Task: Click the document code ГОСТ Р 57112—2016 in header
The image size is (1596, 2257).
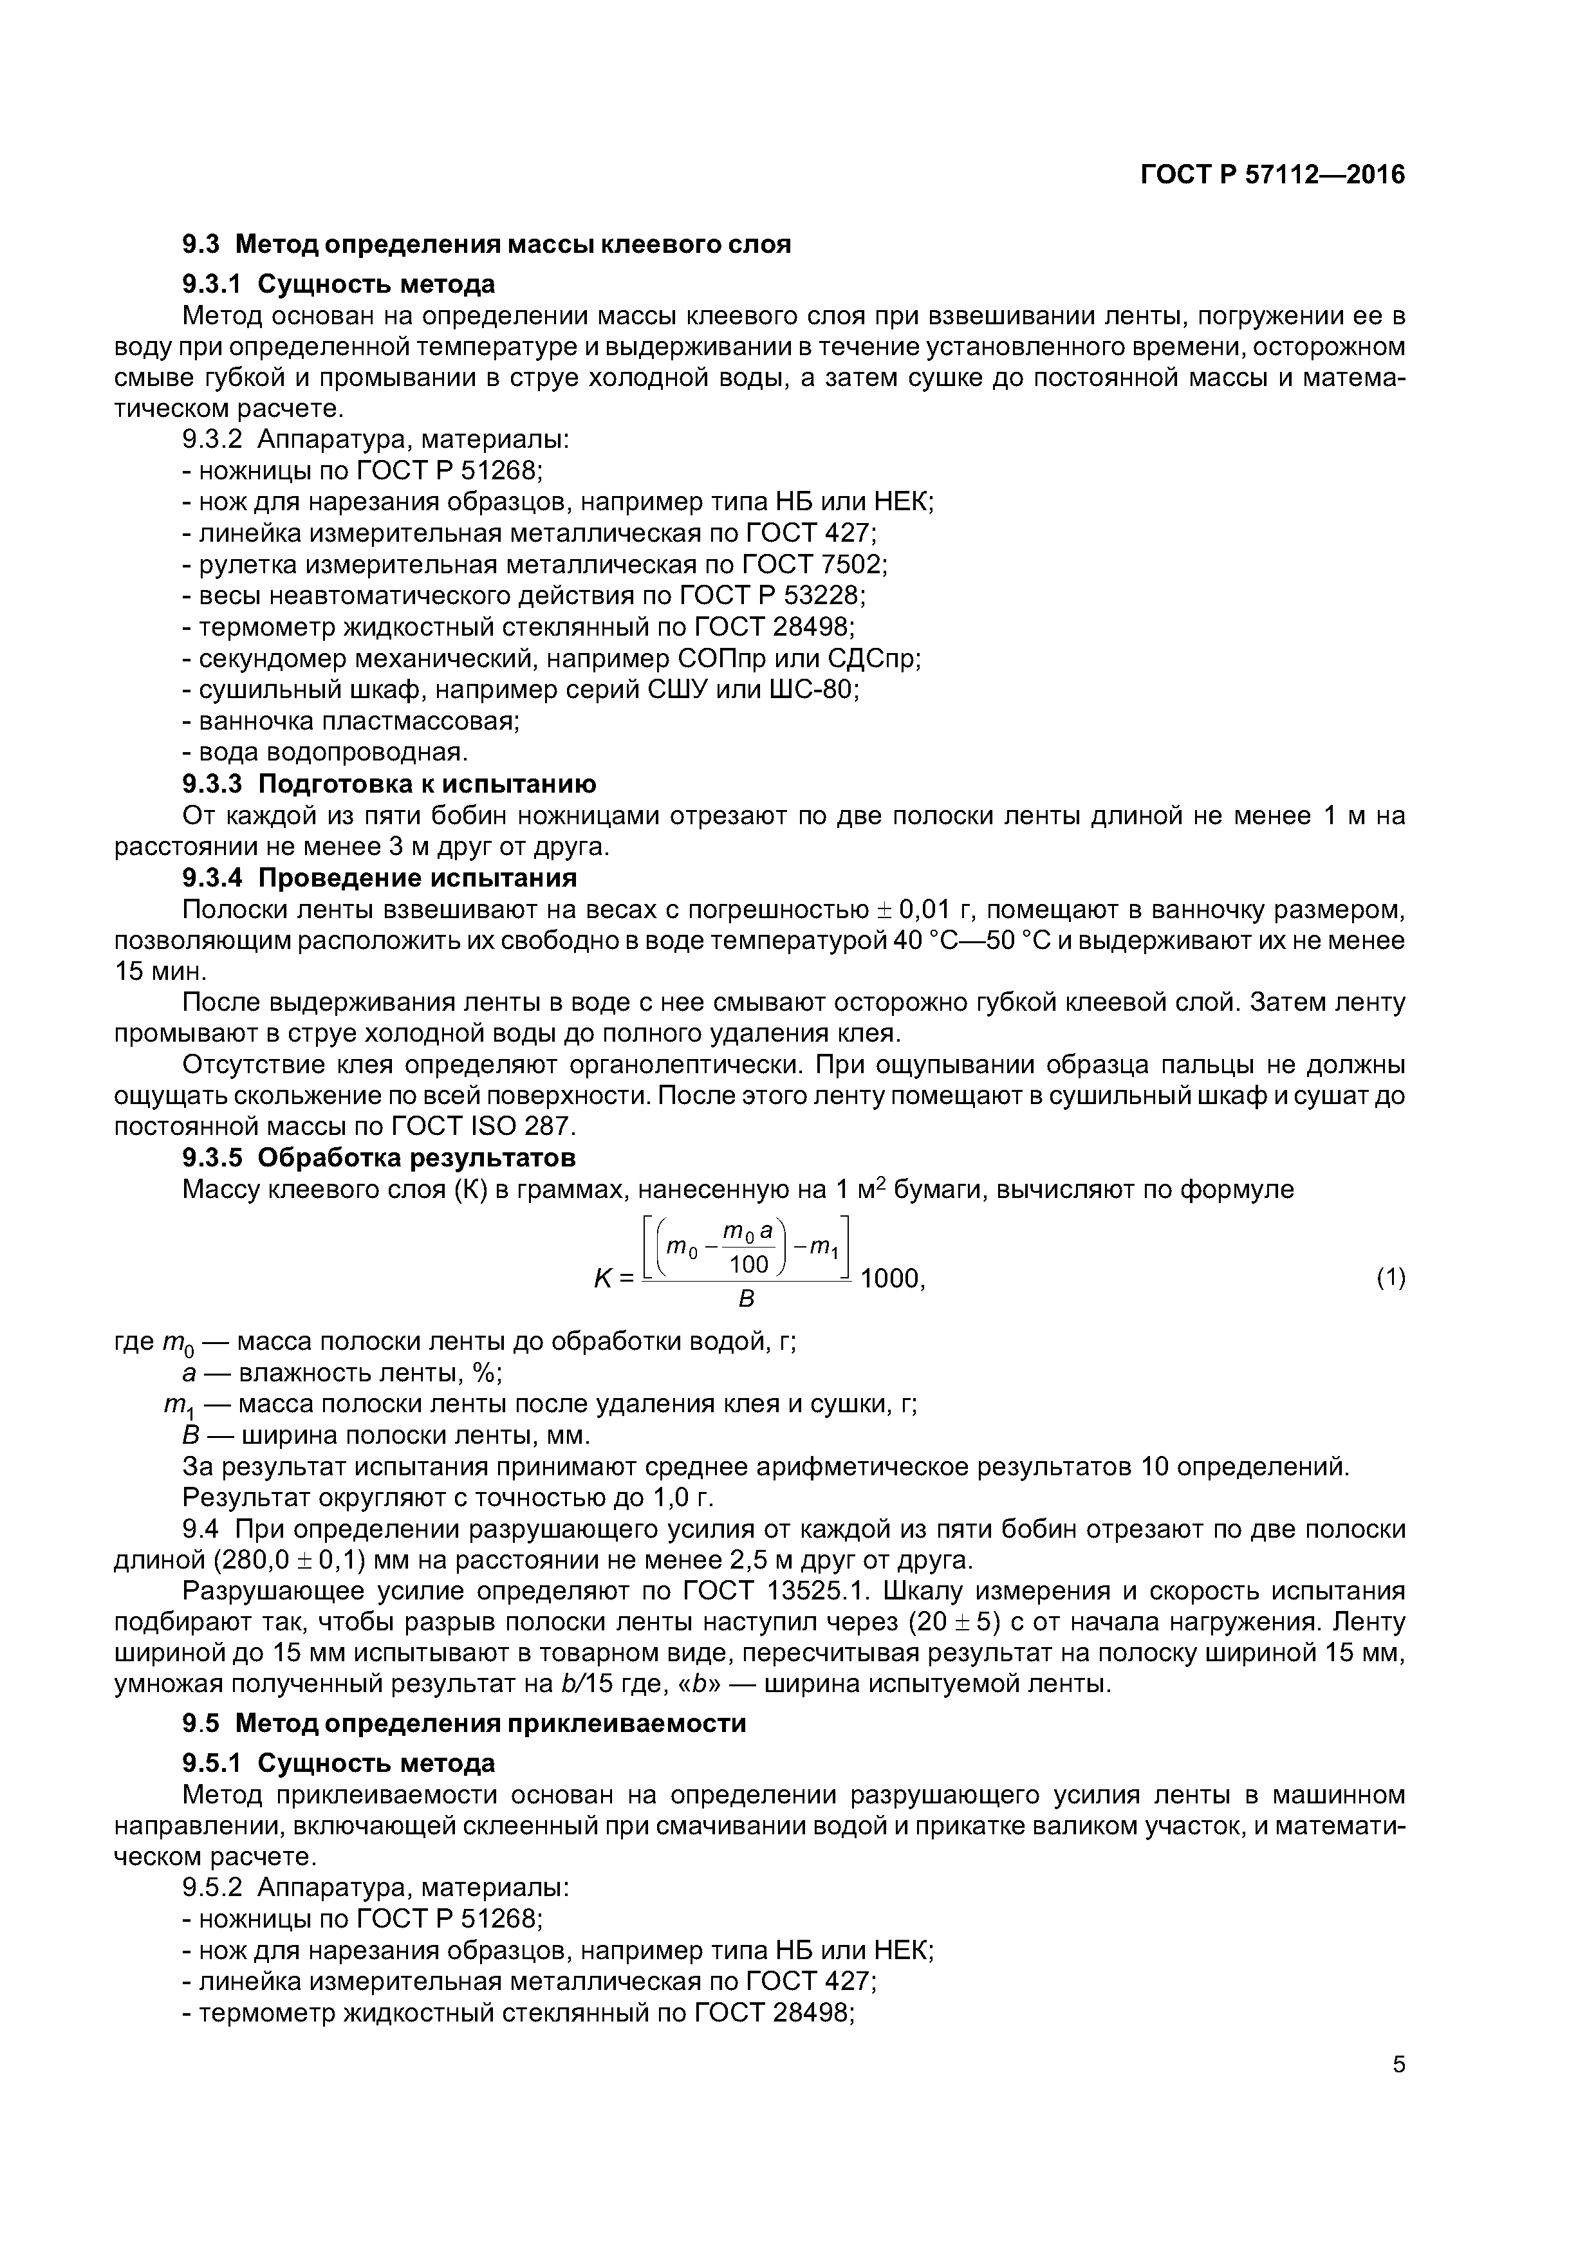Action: click(x=1272, y=175)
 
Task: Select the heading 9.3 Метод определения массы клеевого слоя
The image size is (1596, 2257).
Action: click(x=486, y=244)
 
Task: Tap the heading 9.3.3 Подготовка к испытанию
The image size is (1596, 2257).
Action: click(x=389, y=784)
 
